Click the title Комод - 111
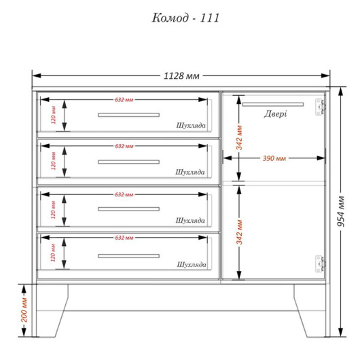click(185, 18)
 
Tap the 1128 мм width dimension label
click(181, 76)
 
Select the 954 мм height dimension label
click(341, 211)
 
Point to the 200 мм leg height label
click(24, 310)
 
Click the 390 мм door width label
click(274, 158)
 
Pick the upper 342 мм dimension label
click(239, 137)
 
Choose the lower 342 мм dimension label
click(239, 232)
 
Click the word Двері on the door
click(275, 114)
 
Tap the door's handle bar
click(273, 105)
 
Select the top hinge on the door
click(320, 107)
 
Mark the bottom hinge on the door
click(320, 264)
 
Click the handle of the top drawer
click(128, 115)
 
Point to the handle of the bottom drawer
click(128, 256)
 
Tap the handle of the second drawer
click(128, 162)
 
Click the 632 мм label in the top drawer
click(124, 100)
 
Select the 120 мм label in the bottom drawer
click(53, 253)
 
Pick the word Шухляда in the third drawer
click(190, 221)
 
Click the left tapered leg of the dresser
click(52, 310)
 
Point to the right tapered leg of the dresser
click(310, 310)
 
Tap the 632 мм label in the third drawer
click(124, 195)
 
